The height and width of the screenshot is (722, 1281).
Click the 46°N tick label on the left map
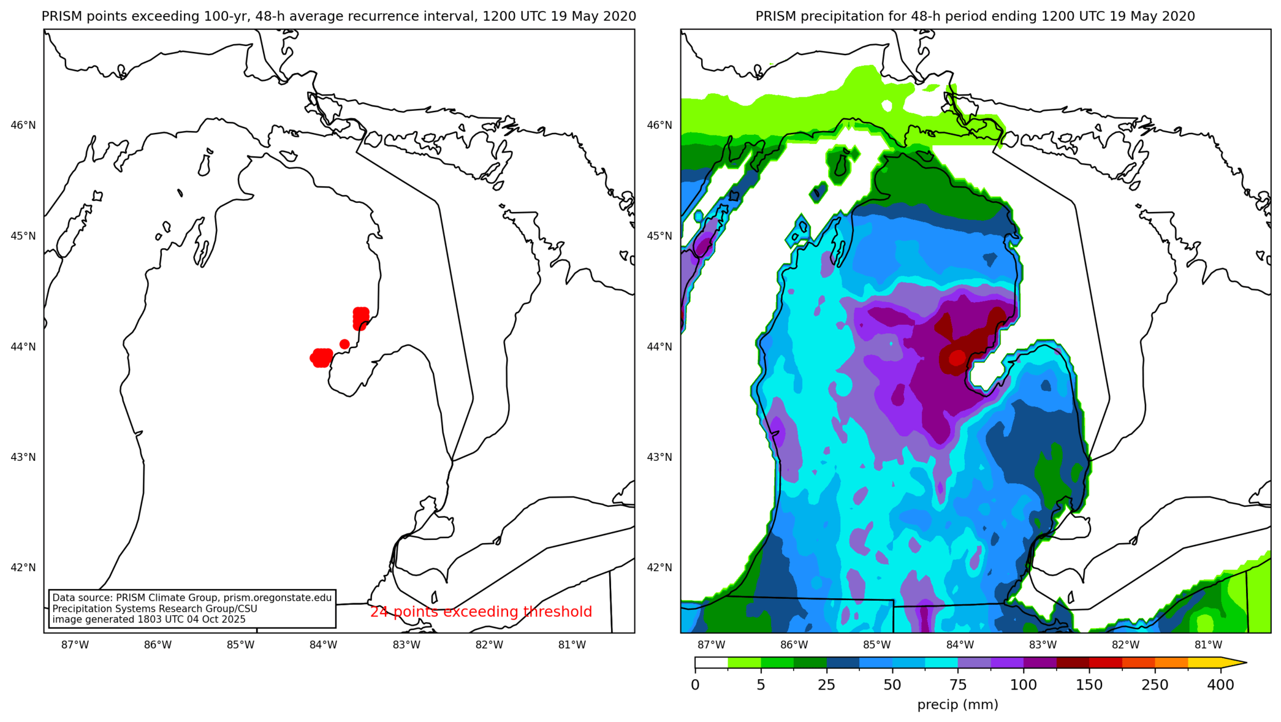tap(23, 126)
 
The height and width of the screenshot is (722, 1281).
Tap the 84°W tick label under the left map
tap(323, 645)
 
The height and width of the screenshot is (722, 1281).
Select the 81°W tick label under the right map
tap(1208, 645)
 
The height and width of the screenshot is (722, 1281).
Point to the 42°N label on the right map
tap(660, 568)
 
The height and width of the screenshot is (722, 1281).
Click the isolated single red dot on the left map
tap(344, 344)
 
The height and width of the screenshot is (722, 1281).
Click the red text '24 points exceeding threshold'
tap(481, 612)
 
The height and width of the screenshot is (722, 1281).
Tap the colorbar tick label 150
tap(1089, 685)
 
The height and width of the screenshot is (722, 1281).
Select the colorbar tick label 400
tap(1220, 685)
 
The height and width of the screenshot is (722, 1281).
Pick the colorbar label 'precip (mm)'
tap(957, 705)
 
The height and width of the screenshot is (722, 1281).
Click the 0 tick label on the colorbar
tap(695, 685)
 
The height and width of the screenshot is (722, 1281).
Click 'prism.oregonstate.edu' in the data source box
tap(277, 598)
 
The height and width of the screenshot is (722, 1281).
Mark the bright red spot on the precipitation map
tap(957, 358)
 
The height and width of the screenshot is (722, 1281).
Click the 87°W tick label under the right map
tap(711, 645)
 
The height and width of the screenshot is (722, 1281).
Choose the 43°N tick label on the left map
tap(23, 457)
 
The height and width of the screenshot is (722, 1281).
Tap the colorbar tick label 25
tap(826, 685)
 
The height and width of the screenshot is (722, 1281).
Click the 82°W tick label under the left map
tap(489, 645)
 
